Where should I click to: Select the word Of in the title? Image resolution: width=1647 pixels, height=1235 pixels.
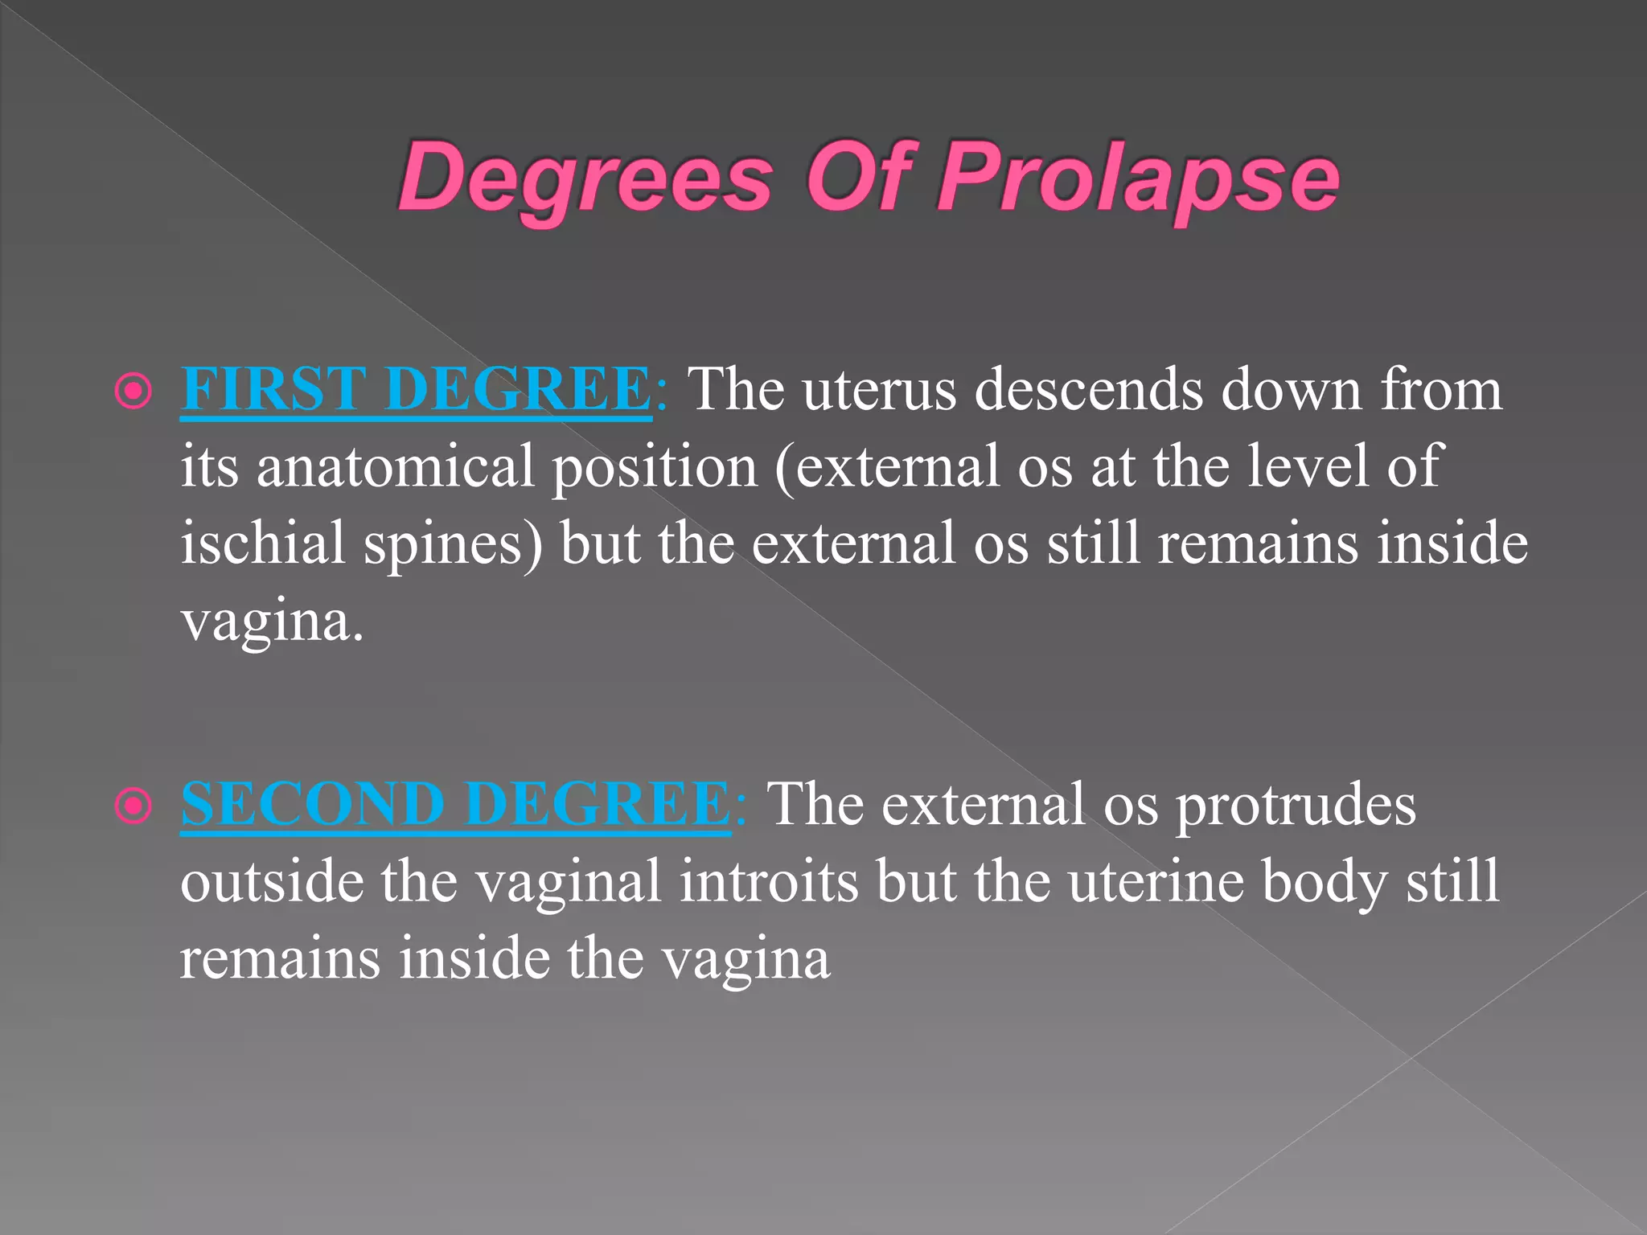coord(862,177)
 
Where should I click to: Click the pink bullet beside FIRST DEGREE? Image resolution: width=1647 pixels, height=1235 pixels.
coord(133,392)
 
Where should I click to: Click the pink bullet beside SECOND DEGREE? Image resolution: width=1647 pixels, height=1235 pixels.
coord(133,806)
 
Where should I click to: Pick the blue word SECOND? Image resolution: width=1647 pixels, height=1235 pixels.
coord(313,804)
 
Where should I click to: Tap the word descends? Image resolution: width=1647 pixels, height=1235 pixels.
coord(1088,390)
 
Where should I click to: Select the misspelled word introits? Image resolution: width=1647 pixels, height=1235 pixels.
coord(768,882)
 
